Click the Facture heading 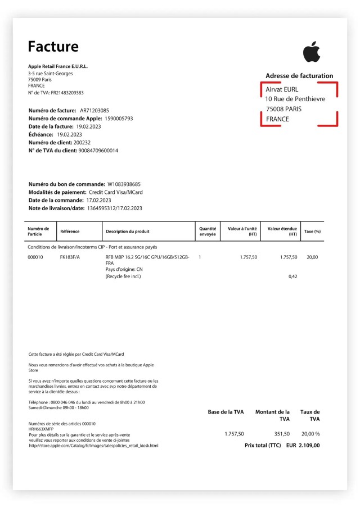[53, 47]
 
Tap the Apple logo [311, 52]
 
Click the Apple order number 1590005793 [119, 119]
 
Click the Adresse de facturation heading [299, 76]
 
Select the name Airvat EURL [282, 89]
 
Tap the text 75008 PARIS [283, 109]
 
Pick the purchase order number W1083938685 [124, 184]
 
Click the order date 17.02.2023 [98, 200]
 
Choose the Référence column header [70, 232]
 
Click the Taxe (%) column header [312, 232]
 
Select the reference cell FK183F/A [70, 257]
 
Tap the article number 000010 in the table [35, 257]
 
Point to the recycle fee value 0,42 [292, 276]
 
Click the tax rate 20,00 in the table [312, 257]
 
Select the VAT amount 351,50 [281, 434]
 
